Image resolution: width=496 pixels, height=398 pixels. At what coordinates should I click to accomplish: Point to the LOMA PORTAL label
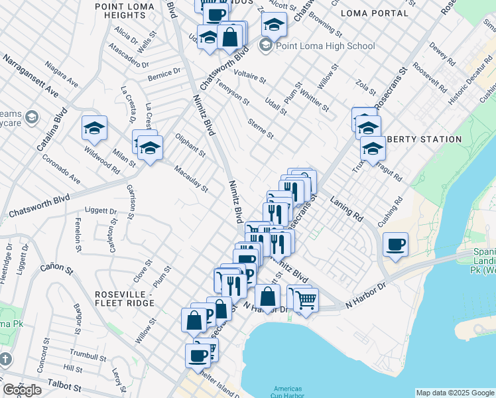[x=374, y=13]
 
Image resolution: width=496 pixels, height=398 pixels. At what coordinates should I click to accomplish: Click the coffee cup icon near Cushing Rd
[x=395, y=245]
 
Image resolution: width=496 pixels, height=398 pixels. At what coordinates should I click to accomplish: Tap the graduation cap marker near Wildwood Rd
[x=94, y=128]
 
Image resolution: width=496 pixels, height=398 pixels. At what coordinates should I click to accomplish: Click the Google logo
[x=22, y=390]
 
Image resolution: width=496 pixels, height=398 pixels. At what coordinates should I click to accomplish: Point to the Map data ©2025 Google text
[x=454, y=393]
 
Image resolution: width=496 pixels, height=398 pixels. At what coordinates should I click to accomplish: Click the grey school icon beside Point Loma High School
[x=266, y=46]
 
